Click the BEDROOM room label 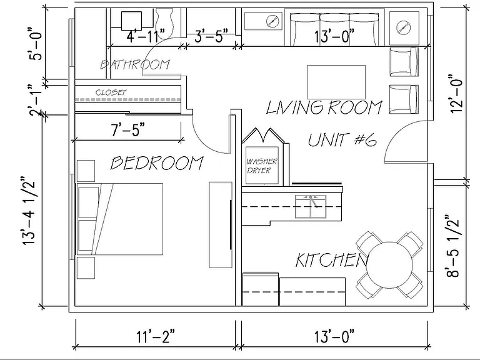point(157,163)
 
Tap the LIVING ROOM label point(324,107)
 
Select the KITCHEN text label point(332,260)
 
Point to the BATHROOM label point(135,64)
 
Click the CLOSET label point(111,92)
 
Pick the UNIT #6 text point(342,140)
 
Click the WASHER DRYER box point(262,166)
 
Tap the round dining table point(390,265)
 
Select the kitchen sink point(311,206)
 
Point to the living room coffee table point(336,82)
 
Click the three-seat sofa point(334,29)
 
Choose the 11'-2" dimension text point(156,337)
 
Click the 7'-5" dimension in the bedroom point(127,130)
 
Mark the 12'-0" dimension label point(456,94)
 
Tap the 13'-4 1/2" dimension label point(29,210)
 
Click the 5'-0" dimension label point(36,44)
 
